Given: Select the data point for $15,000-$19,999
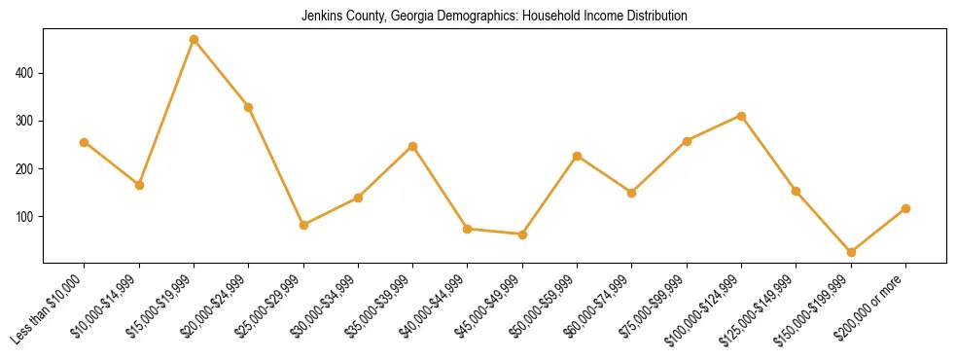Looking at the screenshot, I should pos(195,40).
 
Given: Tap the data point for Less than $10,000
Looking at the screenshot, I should pos(85,142).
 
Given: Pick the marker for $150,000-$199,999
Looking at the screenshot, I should pos(851,252).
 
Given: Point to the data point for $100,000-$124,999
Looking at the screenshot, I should pos(742,116).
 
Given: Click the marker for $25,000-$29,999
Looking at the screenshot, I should pos(303,225).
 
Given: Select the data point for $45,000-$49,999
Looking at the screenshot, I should pos(522,234).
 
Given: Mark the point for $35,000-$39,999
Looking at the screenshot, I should pos(413,146).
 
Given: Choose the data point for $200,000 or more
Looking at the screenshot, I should pos(905,208).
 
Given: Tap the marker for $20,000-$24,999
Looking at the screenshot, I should pos(249,107).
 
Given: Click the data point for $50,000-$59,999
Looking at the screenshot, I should pos(578,156).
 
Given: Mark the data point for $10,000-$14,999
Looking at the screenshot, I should pos(139,185).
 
